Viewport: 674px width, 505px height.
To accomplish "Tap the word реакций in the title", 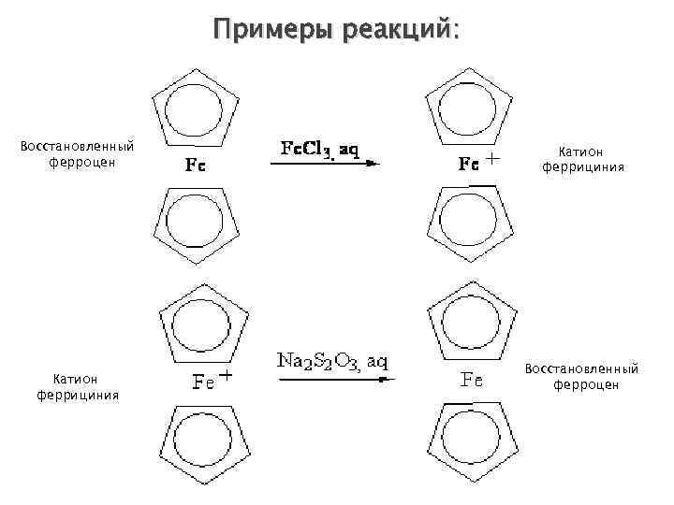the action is (x=398, y=30).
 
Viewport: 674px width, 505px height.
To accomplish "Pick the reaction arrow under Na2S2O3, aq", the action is (x=334, y=380).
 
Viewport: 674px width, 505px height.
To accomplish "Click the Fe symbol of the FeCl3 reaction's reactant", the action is (x=195, y=166).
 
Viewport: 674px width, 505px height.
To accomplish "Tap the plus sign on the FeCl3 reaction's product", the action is (x=493, y=159).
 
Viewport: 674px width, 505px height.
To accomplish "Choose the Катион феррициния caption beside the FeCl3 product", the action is (x=582, y=159).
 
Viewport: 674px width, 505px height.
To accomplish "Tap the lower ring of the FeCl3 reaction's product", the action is (x=467, y=225).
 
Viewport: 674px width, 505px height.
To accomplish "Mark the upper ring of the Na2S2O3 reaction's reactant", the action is (x=203, y=321).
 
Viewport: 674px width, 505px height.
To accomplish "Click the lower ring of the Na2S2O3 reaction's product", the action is (x=472, y=440).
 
